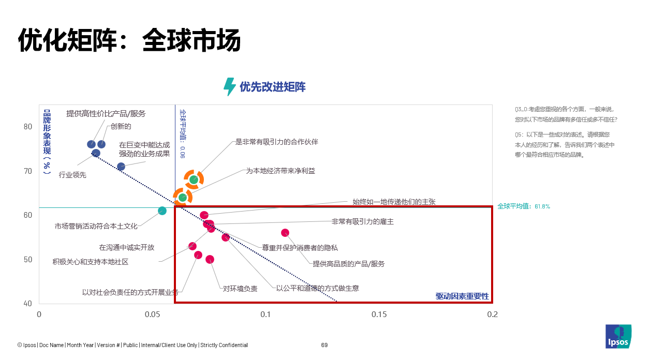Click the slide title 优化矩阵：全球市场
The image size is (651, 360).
[129, 40]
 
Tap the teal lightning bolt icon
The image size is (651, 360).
[229, 87]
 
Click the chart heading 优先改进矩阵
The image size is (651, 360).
[272, 87]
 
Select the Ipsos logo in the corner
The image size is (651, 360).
[618, 337]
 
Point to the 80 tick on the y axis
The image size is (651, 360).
[27, 127]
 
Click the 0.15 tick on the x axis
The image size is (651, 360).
[379, 314]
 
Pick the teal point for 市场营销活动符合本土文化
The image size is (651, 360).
[162, 211]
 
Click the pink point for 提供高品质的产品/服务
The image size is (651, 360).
[285, 233]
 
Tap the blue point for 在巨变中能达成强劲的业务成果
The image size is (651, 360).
[121, 167]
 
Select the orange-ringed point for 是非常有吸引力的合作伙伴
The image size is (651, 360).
[194, 179]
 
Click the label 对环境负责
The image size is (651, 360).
[240, 289]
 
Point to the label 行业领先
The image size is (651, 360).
[72, 175]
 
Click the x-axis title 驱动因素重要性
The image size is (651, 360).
[462, 296]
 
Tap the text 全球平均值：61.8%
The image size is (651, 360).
[524, 206]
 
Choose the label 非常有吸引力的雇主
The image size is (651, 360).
[362, 221]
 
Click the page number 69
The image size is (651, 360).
[324, 345]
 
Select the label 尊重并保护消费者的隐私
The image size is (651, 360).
[300, 248]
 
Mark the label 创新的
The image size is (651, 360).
[121, 126]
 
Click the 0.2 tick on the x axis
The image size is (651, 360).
[493, 314]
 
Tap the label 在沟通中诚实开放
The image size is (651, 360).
[127, 247]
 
